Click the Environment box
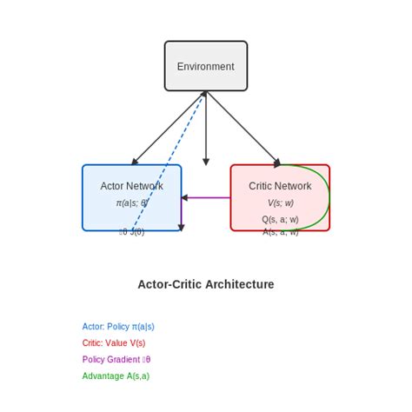[206, 66]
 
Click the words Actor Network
[131, 186]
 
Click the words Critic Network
[280, 186]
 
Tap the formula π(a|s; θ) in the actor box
[131, 203]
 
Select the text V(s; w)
[280, 203]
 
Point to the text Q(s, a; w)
[280, 219]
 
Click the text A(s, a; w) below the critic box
[280, 232]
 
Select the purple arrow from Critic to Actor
[209, 198]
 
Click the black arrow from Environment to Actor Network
[168, 128]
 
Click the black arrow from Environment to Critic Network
[244, 128]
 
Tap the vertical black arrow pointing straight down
[206, 130]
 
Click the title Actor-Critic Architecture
[206, 284]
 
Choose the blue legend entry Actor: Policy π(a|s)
[118, 327]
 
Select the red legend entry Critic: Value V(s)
[114, 343]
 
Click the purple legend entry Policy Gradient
[116, 360]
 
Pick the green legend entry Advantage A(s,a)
[116, 376]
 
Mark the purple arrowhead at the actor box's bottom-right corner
[181, 227]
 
